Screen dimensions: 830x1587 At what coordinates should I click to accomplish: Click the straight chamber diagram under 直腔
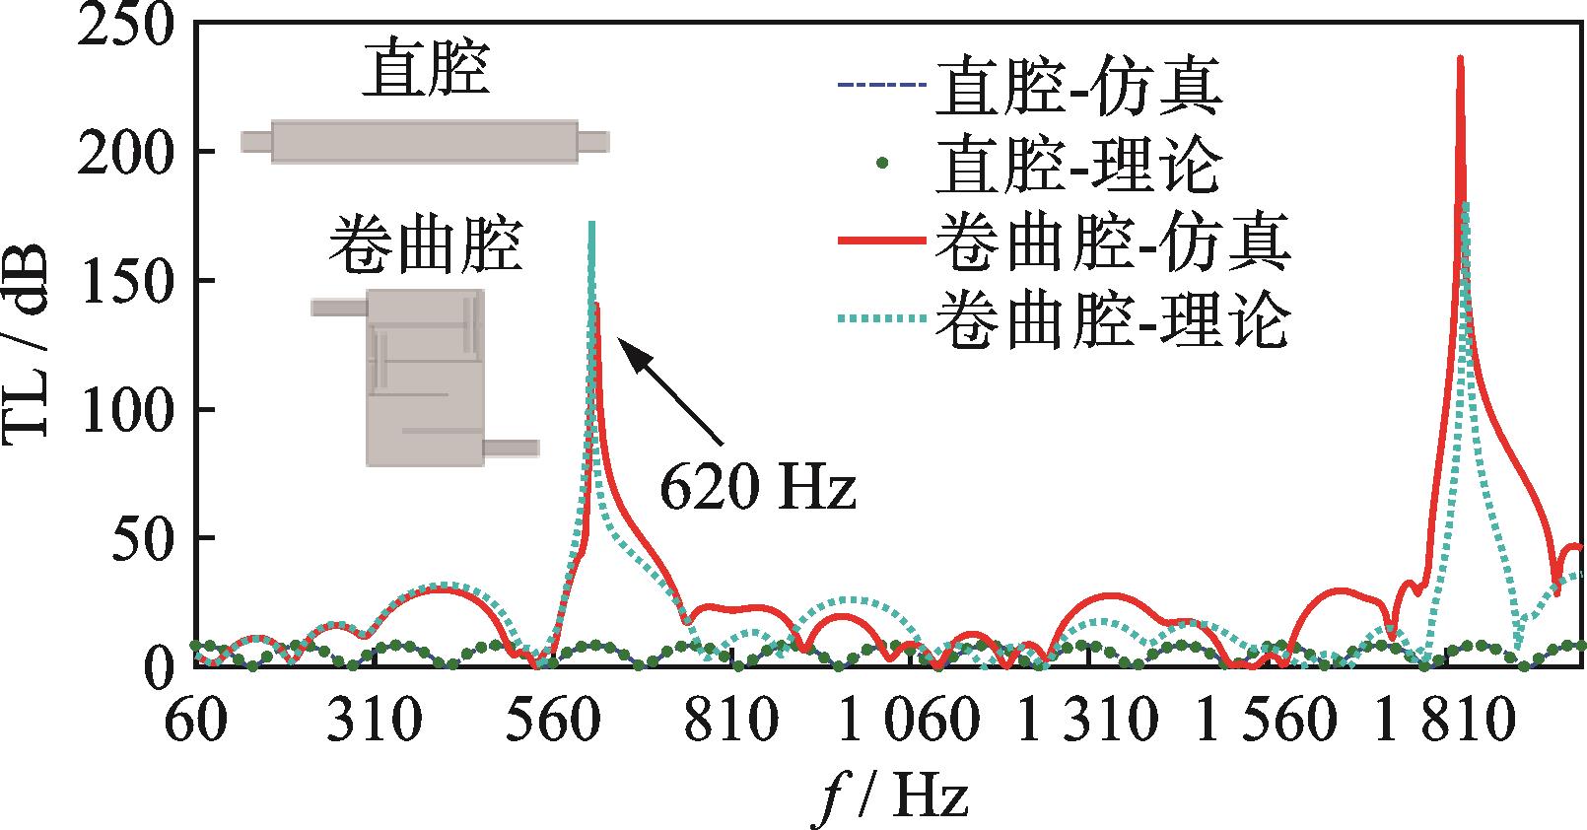tap(424, 141)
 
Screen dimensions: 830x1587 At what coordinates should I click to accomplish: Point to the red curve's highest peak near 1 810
tap(1460, 59)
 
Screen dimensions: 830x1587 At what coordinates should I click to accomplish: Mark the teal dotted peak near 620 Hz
tap(591, 225)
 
